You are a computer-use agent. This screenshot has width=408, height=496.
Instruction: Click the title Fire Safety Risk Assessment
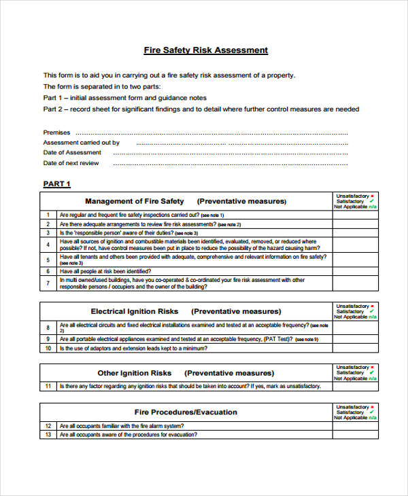tap(205, 50)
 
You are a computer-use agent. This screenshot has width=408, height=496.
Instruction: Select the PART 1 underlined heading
tap(57, 183)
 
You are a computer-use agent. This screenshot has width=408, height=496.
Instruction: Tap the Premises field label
tap(56, 132)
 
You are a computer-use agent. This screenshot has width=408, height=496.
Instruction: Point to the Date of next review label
tap(71, 163)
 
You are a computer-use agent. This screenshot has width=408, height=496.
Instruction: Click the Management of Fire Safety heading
tap(134, 201)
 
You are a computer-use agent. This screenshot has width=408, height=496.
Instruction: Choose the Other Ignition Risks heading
tap(134, 373)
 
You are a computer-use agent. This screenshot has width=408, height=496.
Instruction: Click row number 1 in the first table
tap(48, 215)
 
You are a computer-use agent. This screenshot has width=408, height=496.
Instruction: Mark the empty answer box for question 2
tap(356, 224)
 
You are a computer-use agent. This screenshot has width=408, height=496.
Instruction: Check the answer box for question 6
tap(356, 270)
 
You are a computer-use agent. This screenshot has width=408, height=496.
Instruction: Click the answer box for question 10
tap(356, 348)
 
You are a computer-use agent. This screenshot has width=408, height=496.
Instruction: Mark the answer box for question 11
tap(356, 386)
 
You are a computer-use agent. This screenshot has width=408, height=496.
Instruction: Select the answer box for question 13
tap(356, 434)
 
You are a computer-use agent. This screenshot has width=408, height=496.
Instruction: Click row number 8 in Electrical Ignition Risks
tap(48, 327)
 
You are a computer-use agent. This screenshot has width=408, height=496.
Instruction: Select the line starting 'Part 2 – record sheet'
tap(201, 109)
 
